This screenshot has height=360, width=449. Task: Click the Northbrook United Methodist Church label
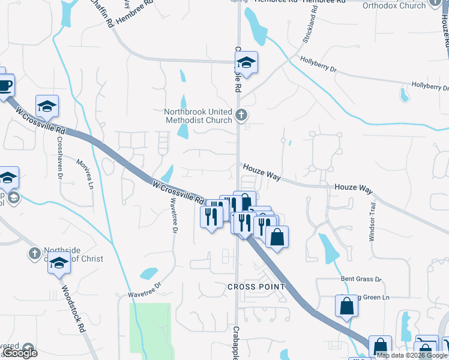(198, 116)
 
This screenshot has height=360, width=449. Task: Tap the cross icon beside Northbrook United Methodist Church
(241, 114)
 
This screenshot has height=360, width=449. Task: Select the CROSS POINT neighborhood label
(256, 287)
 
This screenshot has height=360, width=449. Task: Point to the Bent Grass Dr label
(361, 280)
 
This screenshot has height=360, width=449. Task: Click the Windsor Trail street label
(372, 221)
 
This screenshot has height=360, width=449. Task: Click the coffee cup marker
(4, 85)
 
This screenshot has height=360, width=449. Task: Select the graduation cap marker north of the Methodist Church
(246, 62)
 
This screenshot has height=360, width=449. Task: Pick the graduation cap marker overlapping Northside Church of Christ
(59, 263)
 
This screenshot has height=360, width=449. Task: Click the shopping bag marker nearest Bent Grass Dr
(347, 306)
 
